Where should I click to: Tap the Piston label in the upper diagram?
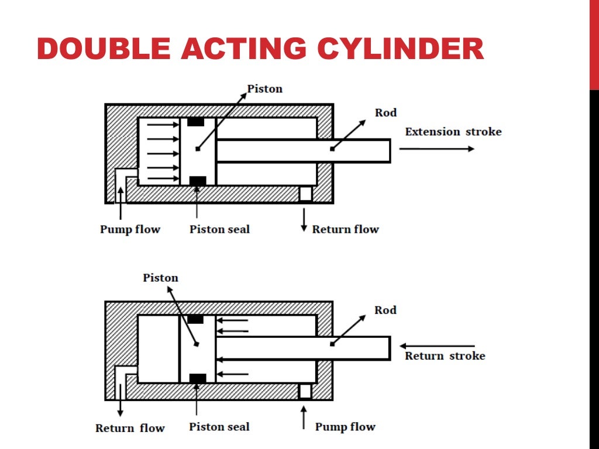[264, 89]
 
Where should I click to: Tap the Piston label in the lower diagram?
[160, 278]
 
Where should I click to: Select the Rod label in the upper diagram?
[385, 113]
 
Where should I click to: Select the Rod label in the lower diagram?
[385, 310]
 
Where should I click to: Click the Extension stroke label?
[453, 132]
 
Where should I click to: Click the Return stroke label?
[445, 355]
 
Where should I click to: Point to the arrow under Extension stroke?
[436, 149]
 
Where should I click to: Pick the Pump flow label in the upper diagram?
[130, 229]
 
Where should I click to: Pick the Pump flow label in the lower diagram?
[345, 427]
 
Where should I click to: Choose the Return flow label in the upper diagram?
[345, 229]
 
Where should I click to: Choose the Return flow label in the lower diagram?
[130, 428]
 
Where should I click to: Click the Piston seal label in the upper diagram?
[219, 229]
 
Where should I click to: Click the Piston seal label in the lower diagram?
[219, 427]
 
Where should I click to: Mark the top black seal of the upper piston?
[196, 122]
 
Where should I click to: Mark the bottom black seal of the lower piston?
[198, 378]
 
